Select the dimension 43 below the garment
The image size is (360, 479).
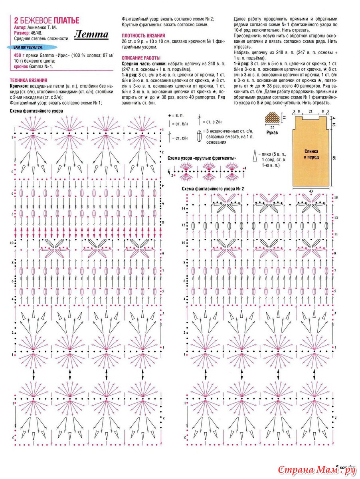(x=311, y=191)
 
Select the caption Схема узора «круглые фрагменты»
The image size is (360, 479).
(x=202, y=158)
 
